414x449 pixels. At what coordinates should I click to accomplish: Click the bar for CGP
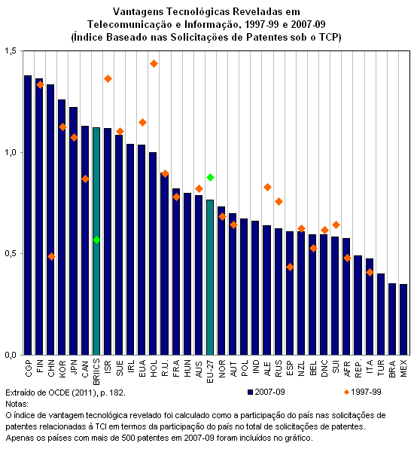coord(28,215)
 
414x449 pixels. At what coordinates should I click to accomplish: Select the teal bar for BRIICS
coord(96,241)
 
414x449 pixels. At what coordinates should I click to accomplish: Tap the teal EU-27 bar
coord(210,277)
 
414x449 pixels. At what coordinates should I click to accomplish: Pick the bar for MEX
coord(403,319)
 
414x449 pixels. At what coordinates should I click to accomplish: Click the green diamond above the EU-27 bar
coord(210,178)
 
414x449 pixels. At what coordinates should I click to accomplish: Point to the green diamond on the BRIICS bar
coord(96,240)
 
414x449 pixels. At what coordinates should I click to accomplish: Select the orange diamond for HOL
coord(154,63)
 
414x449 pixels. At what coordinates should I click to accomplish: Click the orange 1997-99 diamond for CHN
coord(51,256)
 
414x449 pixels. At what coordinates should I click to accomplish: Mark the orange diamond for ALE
coord(267,188)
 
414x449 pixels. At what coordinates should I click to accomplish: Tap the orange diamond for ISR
coord(108,79)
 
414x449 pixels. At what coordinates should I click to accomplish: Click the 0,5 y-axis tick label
coord(11,254)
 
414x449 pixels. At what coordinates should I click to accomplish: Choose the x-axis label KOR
coord(62,368)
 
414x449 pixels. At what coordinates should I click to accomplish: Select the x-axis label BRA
coord(392,368)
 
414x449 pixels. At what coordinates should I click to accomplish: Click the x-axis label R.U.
coord(165,368)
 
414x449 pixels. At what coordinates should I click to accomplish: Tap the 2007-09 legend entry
coord(266,392)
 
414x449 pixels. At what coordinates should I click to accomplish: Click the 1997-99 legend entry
coord(363,392)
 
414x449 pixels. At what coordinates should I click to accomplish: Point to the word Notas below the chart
coord(17,404)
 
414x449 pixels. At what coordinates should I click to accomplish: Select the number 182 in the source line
coord(117,392)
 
